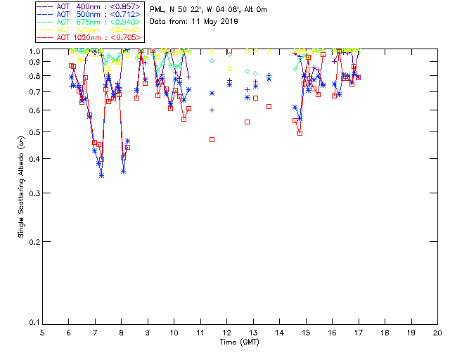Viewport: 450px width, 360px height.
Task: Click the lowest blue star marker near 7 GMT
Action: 101,175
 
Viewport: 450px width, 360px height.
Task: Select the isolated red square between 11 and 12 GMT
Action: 212,139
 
